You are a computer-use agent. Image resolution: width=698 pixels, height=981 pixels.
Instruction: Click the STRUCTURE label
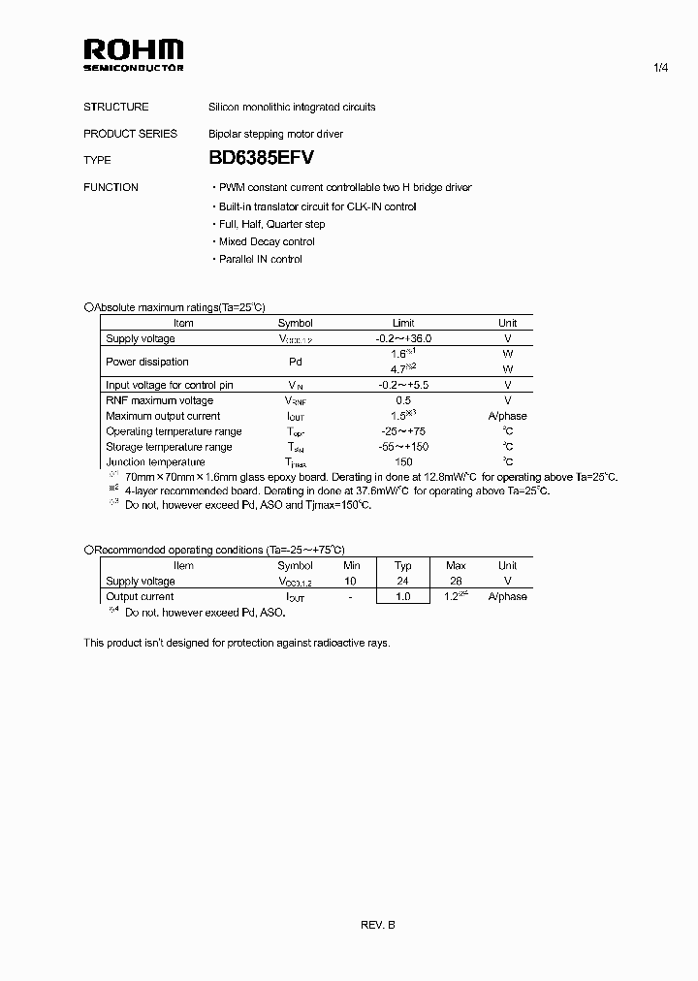click(116, 107)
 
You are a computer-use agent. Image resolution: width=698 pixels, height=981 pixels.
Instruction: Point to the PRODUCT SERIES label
click(130, 134)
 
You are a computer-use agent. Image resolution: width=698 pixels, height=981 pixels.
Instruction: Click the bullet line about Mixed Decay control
click(264, 241)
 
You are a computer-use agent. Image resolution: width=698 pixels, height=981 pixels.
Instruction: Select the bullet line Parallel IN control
click(258, 259)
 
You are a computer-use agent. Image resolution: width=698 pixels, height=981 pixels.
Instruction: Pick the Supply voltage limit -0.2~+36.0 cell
click(403, 338)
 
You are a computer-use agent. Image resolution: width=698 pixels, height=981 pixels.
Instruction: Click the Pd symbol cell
click(296, 362)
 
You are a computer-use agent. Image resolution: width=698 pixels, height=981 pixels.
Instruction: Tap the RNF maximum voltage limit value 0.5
click(403, 400)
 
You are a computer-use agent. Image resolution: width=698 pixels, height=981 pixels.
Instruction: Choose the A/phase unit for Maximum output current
click(507, 416)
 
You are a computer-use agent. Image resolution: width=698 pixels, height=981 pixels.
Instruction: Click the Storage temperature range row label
click(169, 447)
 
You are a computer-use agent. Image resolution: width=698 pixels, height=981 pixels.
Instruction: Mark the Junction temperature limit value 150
click(403, 462)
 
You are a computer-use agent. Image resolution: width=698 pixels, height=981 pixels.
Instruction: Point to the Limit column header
click(403, 323)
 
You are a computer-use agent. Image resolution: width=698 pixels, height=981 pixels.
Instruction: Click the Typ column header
click(403, 565)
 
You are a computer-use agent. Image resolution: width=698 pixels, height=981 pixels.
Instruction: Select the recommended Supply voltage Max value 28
click(455, 581)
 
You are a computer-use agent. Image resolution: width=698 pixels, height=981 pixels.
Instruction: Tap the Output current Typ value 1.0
click(403, 596)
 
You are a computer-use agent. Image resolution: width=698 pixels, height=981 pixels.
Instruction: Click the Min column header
click(350, 565)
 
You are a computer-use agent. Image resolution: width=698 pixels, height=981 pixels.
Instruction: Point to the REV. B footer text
click(378, 925)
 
